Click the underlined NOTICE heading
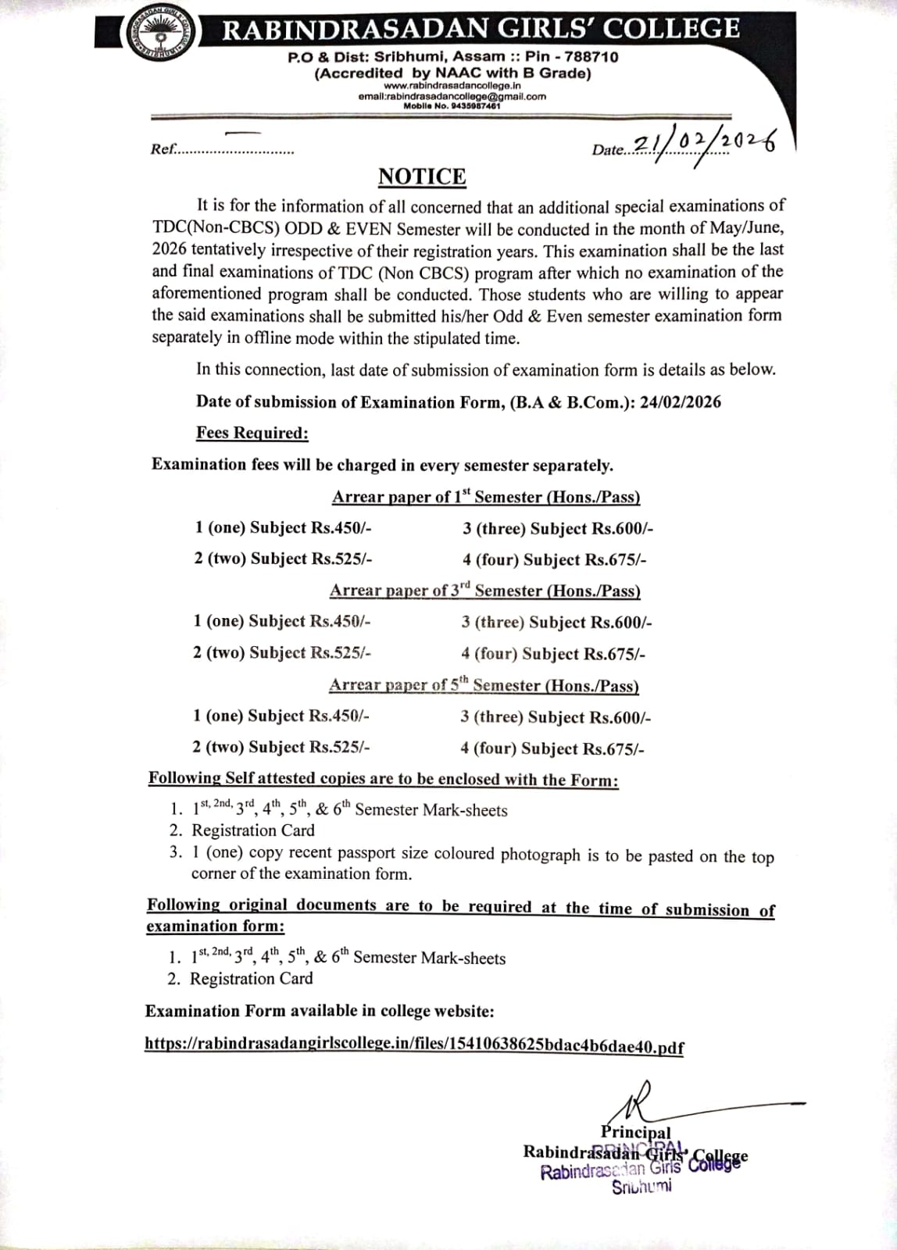pyautogui.click(x=422, y=177)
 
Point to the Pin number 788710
pyautogui.click(x=591, y=57)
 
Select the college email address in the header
pyautogui.click(x=452, y=97)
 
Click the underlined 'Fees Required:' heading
pyautogui.click(x=252, y=433)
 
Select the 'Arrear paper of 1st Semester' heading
pyautogui.click(x=486, y=497)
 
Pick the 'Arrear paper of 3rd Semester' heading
pyautogui.click(x=484, y=591)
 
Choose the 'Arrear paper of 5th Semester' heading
pyautogui.click(x=484, y=685)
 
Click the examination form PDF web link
pyautogui.click(x=414, y=1045)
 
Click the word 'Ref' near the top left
pyautogui.click(x=162, y=148)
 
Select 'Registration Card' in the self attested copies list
pyautogui.click(x=253, y=830)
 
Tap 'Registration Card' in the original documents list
pyautogui.click(x=252, y=979)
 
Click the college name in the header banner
pyautogui.click(x=481, y=29)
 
